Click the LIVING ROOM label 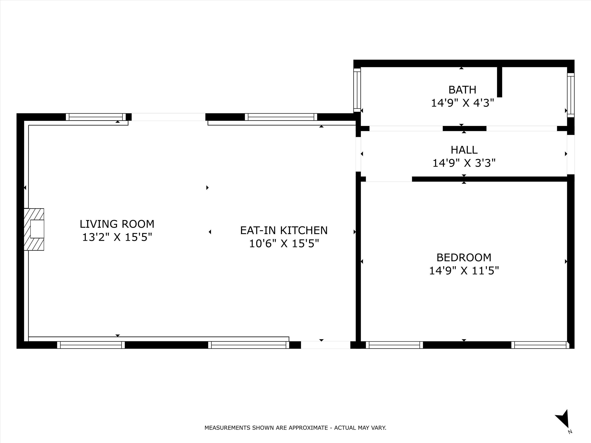point(117,224)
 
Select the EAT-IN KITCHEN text point(284,230)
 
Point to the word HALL point(464,150)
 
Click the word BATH point(462,90)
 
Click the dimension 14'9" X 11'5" point(464,271)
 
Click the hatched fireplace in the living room point(34,229)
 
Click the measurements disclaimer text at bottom point(295,428)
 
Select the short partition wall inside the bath point(499,82)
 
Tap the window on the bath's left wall point(357,90)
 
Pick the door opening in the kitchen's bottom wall point(325,345)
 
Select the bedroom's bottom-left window point(394,345)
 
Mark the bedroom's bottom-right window point(540,345)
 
